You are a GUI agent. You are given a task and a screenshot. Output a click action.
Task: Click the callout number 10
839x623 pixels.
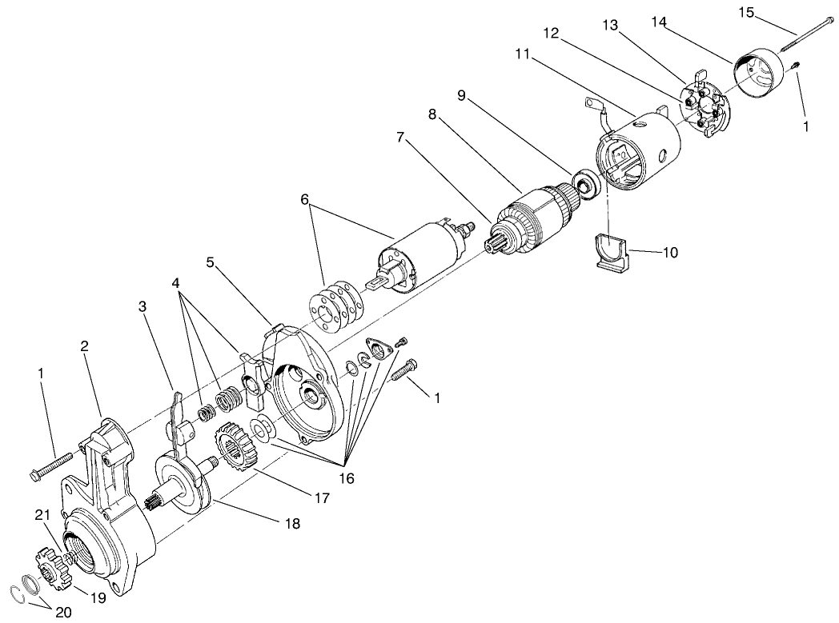[669, 252]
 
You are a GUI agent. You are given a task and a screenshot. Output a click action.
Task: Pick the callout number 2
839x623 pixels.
[84, 346]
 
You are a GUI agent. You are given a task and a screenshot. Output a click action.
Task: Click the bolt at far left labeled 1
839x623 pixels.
[50, 466]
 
